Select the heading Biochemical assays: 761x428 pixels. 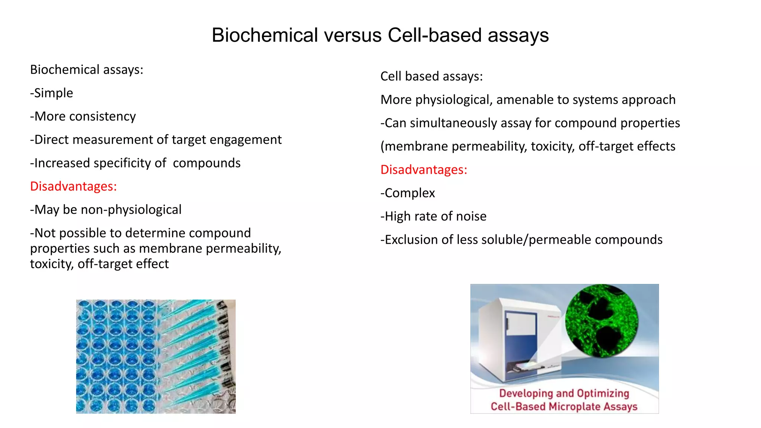pos(87,70)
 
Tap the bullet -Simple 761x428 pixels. pos(52,93)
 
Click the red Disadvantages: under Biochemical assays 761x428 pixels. pos(74,186)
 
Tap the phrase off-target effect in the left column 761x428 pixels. pos(123,264)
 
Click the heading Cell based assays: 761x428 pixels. pos(431,77)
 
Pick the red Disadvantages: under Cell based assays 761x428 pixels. pos(424,170)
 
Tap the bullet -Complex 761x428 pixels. pos(408,193)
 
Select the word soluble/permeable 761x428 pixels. pos(572,240)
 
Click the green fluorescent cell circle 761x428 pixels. pos(602,321)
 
